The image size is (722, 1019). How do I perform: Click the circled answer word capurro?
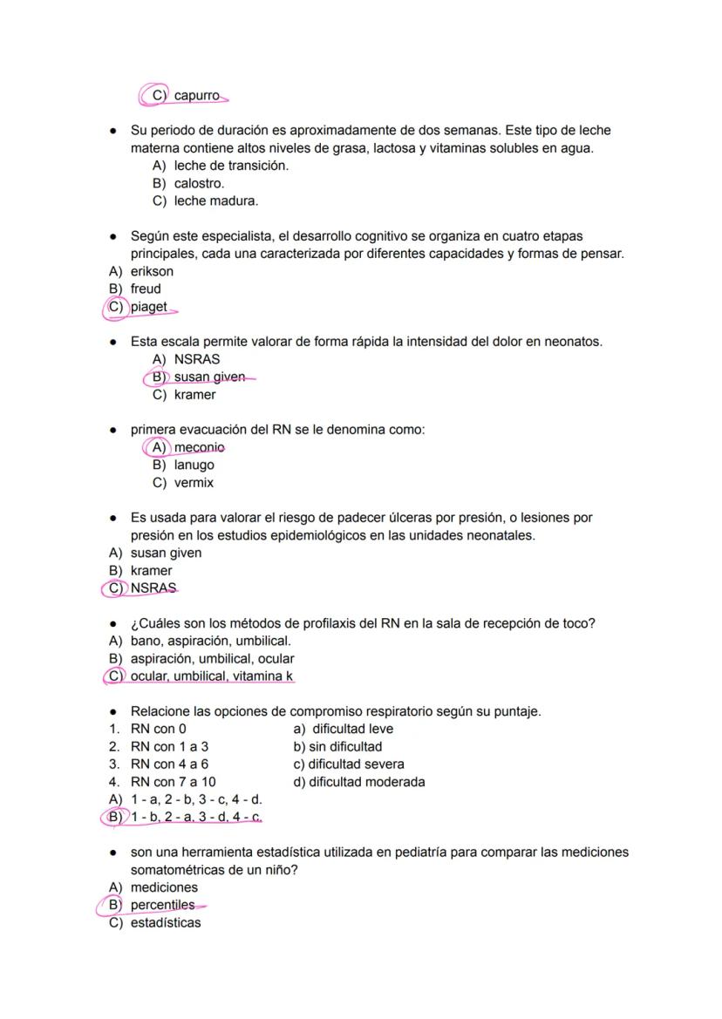[197, 95]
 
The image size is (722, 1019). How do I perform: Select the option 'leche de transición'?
[231, 166]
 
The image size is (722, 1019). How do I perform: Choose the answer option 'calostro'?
[199, 183]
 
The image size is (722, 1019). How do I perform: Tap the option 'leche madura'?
[215, 200]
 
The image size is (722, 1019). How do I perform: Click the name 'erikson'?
[152, 271]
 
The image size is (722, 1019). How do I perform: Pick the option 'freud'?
[146, 289]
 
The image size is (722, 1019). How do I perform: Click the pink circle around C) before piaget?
[115, 307]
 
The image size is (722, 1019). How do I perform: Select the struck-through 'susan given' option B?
[209, 377]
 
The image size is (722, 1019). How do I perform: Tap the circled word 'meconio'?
[199, 447]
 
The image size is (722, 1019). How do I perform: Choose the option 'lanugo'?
[194, 465]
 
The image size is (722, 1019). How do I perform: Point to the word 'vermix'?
[194, 482]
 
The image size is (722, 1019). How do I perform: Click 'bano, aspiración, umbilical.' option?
[210, 641]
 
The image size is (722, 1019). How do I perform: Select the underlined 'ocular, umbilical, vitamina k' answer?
[212, 676]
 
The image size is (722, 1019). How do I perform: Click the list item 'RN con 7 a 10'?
[173, 781]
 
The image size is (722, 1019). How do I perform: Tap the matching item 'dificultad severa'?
[349, 764]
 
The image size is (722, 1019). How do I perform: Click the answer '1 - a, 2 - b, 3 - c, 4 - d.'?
[196, 798]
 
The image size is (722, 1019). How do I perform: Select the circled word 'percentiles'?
[162, 905]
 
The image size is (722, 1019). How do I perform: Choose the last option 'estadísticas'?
[165, 922]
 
